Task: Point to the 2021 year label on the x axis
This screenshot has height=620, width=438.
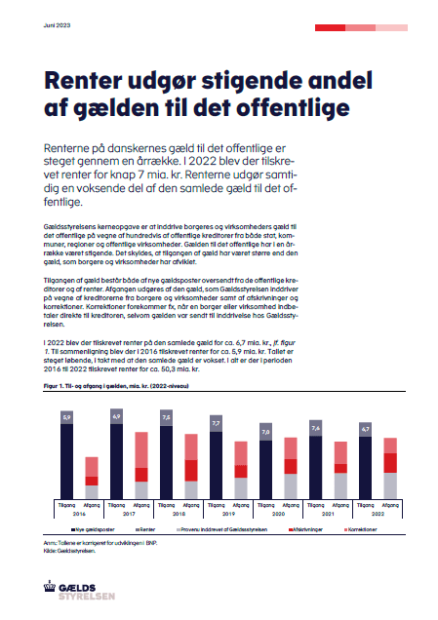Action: coord(327,513)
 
